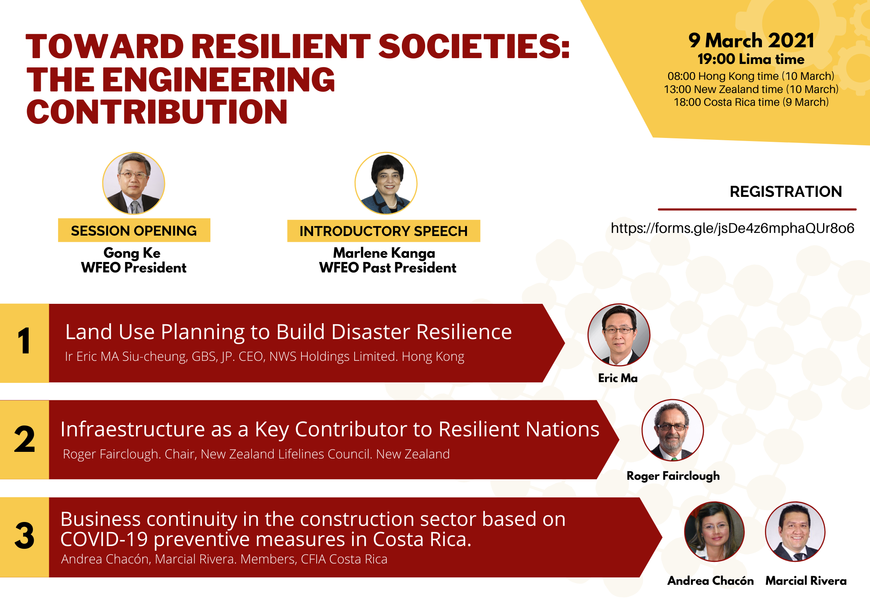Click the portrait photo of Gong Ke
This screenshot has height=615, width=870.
(x=134, y=183)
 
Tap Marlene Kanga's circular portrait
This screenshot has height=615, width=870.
(x=386, y=183)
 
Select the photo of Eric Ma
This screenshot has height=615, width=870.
(x=619, y=335)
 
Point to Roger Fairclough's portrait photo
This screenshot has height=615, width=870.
(x=673, y=430)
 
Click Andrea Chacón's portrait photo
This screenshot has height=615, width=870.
(x=715, y=532)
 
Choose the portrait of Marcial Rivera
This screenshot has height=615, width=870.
(x=795, y=532)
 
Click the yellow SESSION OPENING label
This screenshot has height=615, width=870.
(x=134, y=231)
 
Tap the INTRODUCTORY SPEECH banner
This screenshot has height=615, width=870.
(x=384, y=231)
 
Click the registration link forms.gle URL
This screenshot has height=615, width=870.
(x=732, y=228)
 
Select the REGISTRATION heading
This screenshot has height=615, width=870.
(x=786, y=191)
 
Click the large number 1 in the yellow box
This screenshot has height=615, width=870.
(x=24, y=341)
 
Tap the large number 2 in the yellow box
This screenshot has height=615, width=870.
(x=24, y=439)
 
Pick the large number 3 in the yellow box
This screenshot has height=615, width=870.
(x=24, y=535)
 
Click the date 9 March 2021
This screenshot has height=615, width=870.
(x=751, y=41)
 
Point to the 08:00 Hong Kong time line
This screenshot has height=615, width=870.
(x=751, y=76)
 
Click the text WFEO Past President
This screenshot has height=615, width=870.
(x=388, y=268)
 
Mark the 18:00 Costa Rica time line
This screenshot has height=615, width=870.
(x=751, y=102)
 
